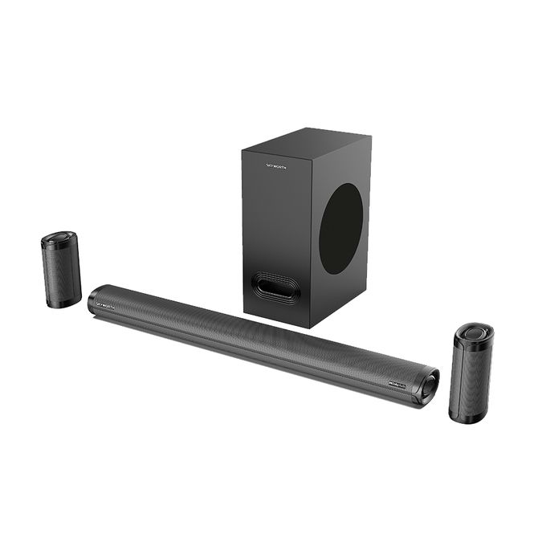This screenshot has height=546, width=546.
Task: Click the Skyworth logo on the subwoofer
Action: tap(276, 166)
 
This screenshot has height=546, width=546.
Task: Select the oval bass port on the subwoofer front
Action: tap(275, 287)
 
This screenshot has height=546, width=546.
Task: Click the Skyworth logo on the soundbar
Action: tap(106, 306)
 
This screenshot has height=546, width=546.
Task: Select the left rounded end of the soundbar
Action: tap(93, 299)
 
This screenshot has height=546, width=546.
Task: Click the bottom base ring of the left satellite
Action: tap(64, 304)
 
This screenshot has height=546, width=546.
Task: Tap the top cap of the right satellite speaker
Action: tap(474, 332)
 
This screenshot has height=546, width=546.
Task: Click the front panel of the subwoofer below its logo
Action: tap(273, 217)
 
